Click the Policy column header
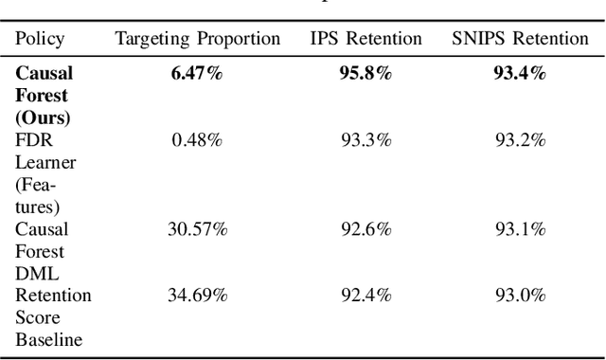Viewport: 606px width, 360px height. tap(40, 39)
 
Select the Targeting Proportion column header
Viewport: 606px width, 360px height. tap(198, 39)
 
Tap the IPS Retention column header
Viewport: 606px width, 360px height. tap(365, 39)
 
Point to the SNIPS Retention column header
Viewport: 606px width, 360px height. tap(520, 39)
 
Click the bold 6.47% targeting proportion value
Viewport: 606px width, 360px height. tap(197, 74)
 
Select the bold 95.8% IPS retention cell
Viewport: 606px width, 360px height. tap(365, 74)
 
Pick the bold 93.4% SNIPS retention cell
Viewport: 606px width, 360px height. tap(520, 74)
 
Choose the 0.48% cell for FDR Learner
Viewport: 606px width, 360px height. tap(197, 140)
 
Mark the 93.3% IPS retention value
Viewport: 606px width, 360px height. tap(365, 140)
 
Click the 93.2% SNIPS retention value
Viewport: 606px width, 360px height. tap(520, 140)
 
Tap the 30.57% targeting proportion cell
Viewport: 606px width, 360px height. tap(197, 229)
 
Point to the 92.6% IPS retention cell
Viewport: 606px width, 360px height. tap(365, 229)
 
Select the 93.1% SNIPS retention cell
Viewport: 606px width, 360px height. tap(520, 229)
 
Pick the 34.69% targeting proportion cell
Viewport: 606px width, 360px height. tap(197, 296)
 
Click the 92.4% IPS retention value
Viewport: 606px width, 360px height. tap(365, 296)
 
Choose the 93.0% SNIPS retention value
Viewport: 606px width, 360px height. tap(520, 296)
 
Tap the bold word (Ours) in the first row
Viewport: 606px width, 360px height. tap(42, 118)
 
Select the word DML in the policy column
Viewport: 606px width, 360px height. tap(34, 274)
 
